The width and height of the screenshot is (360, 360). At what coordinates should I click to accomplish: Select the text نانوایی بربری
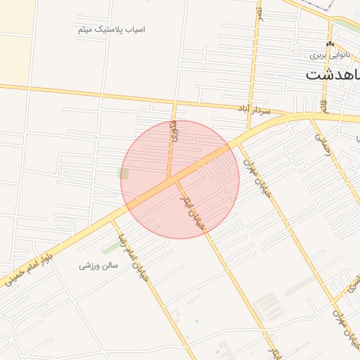(x=330, y=55)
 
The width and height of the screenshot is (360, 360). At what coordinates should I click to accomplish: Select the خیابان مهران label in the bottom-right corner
(x=345, y=330)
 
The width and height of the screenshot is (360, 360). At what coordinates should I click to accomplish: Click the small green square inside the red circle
(x=124, y=173)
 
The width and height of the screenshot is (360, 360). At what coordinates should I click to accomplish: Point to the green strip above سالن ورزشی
(x=111, y=247)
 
